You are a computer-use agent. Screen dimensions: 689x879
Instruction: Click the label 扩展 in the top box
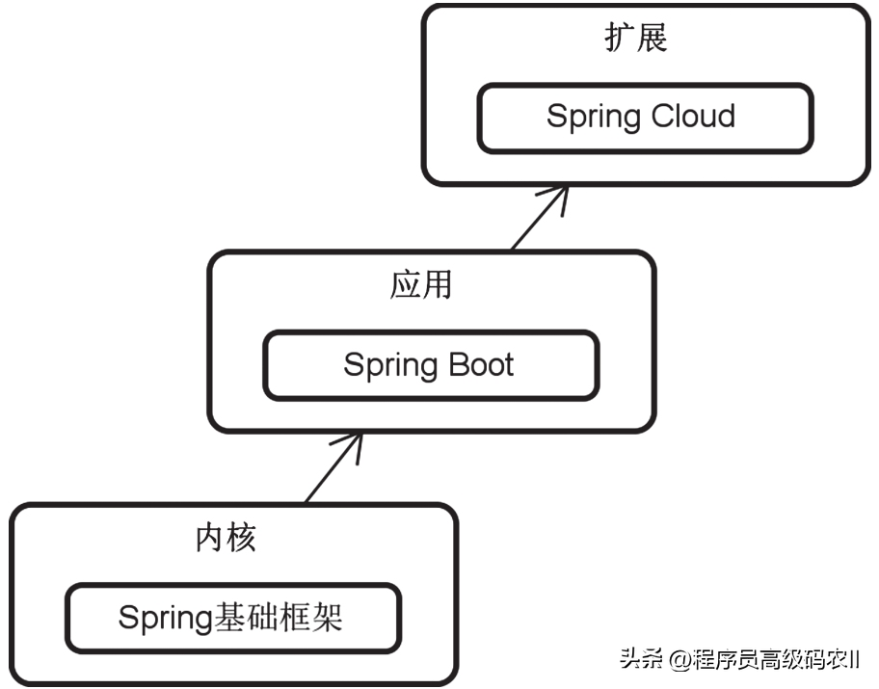636,39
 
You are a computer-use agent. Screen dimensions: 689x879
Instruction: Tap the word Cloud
691,117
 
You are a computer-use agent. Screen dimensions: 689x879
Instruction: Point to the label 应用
421,285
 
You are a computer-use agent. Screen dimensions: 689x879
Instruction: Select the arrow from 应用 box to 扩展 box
536,220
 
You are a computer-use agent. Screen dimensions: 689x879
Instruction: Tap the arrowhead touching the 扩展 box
557,192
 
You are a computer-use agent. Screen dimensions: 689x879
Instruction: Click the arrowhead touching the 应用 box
353,441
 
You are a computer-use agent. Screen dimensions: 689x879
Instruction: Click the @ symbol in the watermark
680,660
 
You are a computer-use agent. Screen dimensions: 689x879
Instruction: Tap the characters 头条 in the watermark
642,660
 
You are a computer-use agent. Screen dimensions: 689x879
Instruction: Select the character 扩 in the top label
620,39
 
